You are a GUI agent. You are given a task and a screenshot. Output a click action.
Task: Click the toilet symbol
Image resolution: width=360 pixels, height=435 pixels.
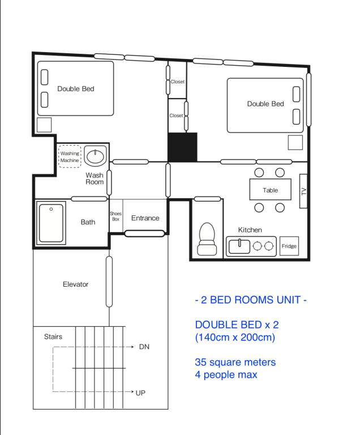click(x=207, y=239)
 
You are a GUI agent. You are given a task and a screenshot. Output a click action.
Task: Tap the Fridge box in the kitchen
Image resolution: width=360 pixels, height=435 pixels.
click(x=289, y=246)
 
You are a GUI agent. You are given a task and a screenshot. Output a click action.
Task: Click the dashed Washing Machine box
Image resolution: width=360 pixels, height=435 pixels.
click(x=70, y=156)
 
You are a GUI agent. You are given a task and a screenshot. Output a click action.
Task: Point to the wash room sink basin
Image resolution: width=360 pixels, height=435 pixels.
click(x=96, y=156)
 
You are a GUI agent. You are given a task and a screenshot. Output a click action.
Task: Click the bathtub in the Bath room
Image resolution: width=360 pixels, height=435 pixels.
click(x=51, y=223)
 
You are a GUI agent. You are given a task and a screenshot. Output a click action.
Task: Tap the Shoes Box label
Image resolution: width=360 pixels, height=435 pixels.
click(x=115, y=216)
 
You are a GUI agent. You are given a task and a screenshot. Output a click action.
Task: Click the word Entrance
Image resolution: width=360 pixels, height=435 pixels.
click(x=145, y=218)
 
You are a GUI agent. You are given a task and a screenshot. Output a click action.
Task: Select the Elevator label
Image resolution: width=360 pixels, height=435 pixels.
click(x=75, y=284)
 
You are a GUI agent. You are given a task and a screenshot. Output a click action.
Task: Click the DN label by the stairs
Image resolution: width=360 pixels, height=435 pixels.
click(x=144, y=347)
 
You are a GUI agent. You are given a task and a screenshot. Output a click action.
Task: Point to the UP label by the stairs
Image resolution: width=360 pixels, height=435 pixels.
click(x=140, y=393)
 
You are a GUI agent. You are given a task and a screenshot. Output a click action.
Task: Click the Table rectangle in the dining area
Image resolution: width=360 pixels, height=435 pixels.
click(x=271, y=190)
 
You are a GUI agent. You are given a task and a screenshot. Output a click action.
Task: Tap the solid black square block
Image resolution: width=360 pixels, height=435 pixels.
click(x=182, y=147)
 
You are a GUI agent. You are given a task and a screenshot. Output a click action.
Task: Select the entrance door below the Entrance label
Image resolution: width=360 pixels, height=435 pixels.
click(x=144, y=233)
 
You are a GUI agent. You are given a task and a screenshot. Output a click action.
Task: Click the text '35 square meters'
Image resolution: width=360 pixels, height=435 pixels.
click(x=235, y=362)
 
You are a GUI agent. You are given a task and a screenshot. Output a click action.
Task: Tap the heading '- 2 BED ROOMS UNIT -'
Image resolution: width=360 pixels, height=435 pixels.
click(x=251, y=300)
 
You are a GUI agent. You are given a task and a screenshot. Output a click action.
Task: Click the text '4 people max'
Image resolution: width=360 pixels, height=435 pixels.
click(x=226, y=374)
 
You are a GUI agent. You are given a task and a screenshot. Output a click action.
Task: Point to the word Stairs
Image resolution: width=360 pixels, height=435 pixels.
click(x=53, y=336)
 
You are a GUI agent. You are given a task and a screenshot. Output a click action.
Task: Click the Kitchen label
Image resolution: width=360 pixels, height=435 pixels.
click(x=250, y=230)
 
